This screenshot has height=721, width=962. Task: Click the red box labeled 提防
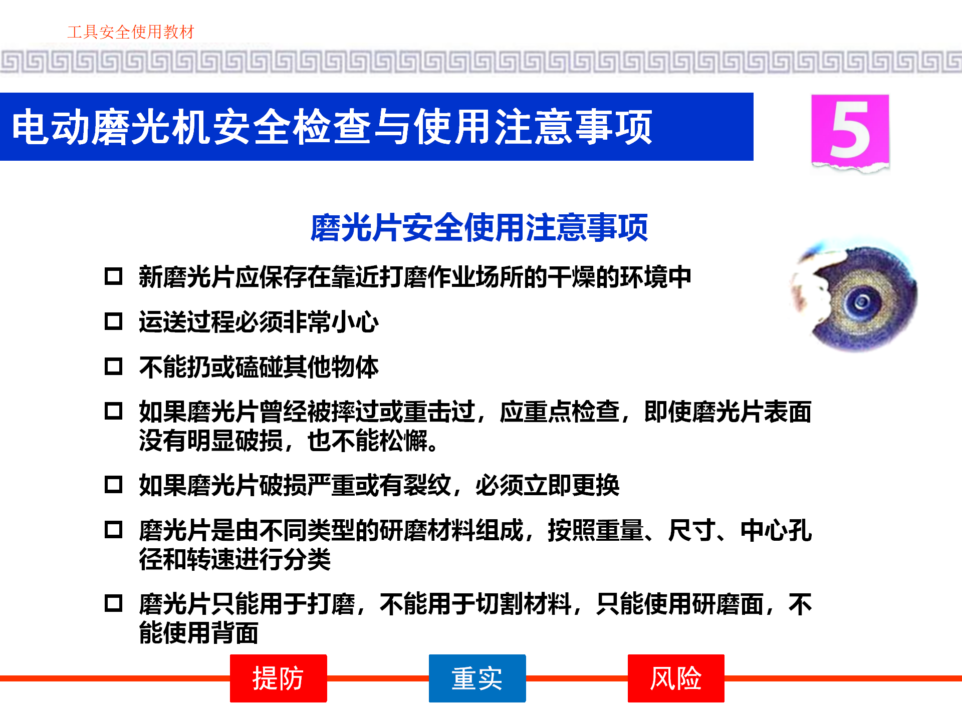[278, 678]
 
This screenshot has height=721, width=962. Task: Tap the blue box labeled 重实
[477, 678]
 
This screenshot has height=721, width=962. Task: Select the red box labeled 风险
[676, 678]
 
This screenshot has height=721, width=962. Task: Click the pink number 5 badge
[850, 131]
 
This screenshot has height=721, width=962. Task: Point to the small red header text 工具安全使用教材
[131, 32]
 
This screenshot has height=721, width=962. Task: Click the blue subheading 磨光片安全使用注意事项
[479, 228]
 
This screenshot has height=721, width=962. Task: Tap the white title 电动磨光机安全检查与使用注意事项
[332, 127]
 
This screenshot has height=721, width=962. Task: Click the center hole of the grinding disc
[862, 301]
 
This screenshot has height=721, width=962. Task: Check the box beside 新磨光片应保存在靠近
[114, 276]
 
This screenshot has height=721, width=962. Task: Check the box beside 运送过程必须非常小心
[114, 321]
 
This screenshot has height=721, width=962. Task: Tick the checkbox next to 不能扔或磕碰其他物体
[114, 366]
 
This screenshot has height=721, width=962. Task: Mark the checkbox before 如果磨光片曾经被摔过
[114, 411]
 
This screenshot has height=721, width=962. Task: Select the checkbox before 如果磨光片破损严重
[114, 484]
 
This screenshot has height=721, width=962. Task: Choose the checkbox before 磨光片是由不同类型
[114, 529]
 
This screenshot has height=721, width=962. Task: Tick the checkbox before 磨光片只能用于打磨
[114, 603]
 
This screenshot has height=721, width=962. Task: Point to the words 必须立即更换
[548, 485]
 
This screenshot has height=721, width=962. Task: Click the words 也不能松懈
[368, 441]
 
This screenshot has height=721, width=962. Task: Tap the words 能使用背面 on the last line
[199, 633]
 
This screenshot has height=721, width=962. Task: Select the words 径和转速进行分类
[235, 559]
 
